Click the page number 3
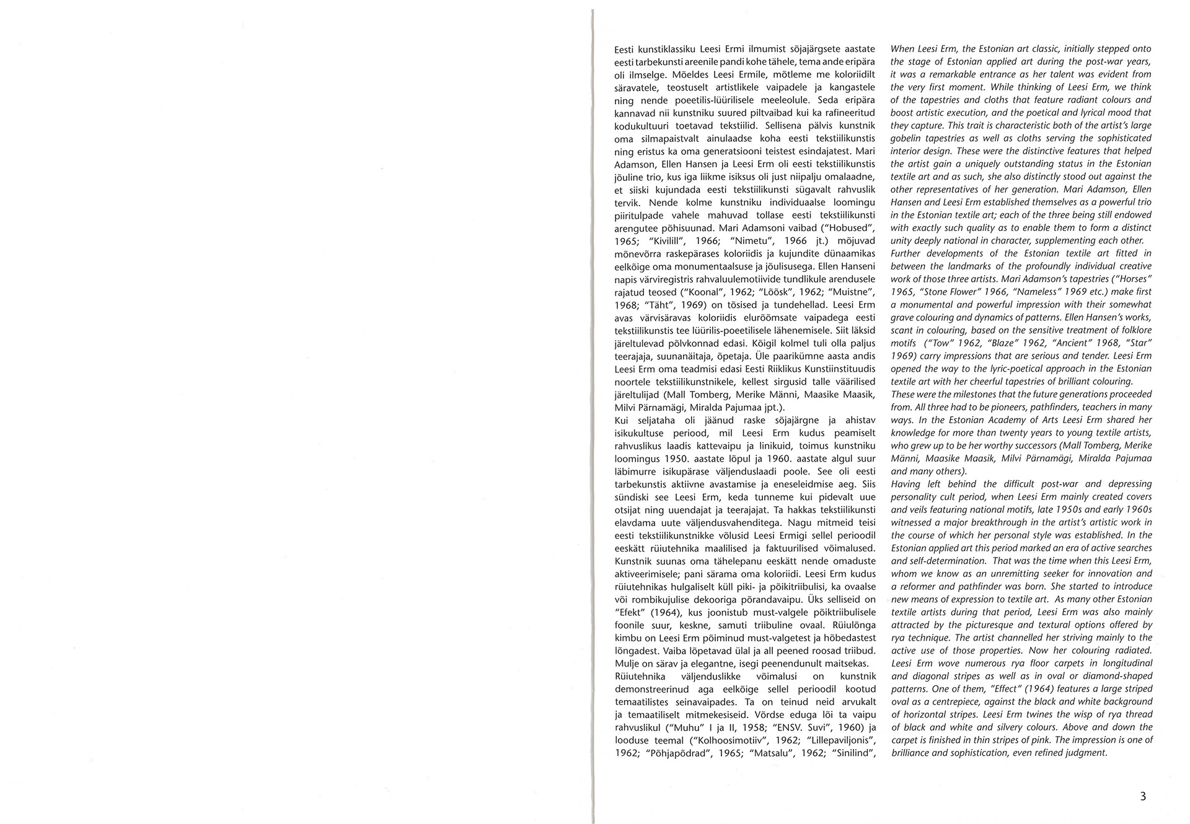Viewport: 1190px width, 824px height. coord(1143,797)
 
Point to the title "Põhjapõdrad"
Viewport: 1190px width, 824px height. coord(676,753)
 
